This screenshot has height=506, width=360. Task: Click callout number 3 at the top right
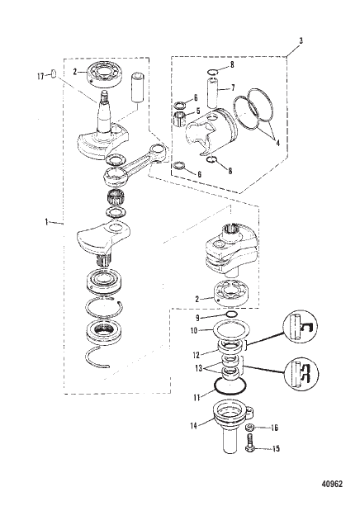[300, 40]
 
